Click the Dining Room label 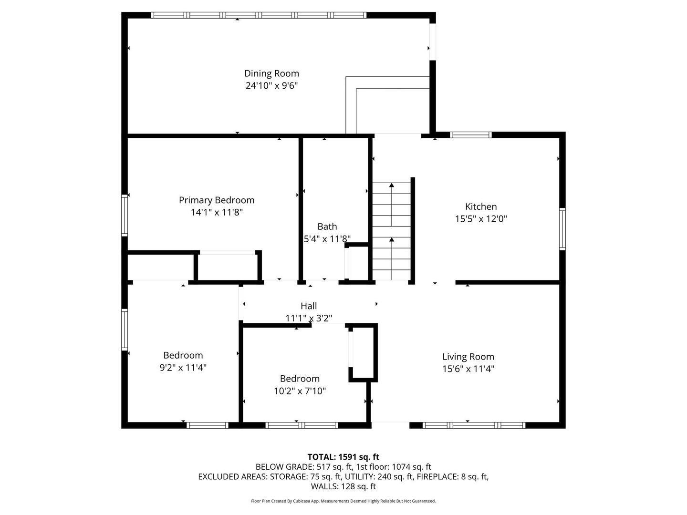coord(271,73)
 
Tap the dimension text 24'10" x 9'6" coord(271,86)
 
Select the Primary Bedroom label coord(217,200)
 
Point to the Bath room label coord(327,227)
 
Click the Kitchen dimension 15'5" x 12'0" coord(481,219)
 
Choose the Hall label coord(309,306)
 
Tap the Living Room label coord(468,357)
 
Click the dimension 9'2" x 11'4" coord(183,367)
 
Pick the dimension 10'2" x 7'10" coord(300,391)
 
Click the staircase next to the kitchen coord(392,231)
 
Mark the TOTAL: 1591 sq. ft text coord(343,457)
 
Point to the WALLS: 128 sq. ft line coord(343,486)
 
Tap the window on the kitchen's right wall coord(562,229)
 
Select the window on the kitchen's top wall coord(471,135)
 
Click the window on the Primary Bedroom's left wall coord(125,215)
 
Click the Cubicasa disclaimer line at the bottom coord(343,501)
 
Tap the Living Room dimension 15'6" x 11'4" coord(468,369)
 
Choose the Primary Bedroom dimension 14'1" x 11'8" coord(217,212)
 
